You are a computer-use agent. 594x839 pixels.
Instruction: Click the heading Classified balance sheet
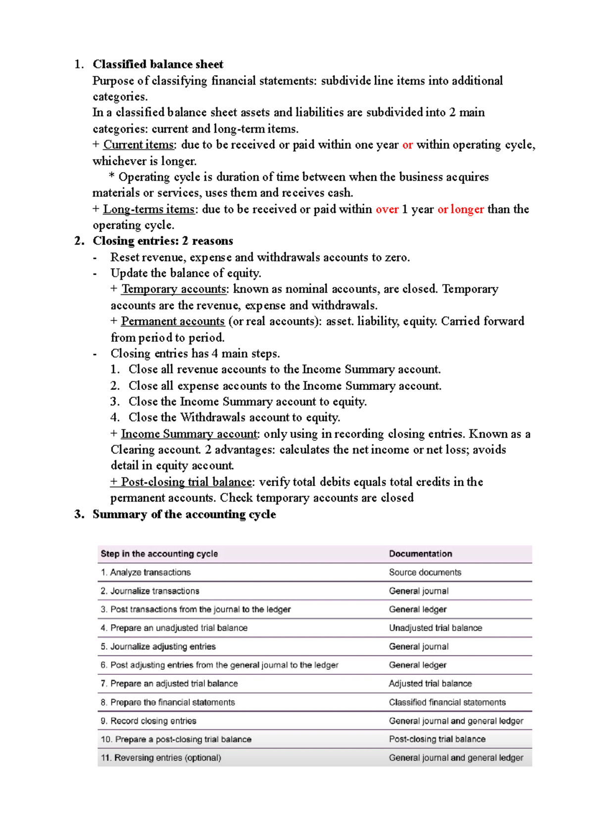pos(158,64)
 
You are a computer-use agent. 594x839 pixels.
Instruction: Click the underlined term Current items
pos(138,145)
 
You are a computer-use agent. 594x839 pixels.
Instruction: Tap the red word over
pos(387,209)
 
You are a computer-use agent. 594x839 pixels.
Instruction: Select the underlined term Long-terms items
pos(148,209)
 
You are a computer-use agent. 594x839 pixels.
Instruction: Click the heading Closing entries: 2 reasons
pos(163,241)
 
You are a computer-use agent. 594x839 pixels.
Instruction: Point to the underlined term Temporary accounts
pos(174,289)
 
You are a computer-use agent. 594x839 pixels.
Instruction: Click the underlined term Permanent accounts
pos(173,321)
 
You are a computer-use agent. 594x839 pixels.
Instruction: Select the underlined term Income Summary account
pos(189,434)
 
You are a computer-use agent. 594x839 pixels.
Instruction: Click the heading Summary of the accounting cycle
pos(184,514)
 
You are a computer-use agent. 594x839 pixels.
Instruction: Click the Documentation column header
pos(420,554)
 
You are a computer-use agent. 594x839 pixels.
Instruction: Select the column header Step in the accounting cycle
pos(159,554)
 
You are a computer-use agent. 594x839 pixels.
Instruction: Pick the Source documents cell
pos(425,572)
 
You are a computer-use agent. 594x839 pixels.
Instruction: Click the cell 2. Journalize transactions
pos(150,591)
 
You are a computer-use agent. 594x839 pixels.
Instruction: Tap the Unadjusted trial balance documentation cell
pos(435,628)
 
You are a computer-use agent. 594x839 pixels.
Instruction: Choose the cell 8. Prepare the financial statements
pos(168,702)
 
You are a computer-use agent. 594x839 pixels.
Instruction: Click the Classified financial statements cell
pos(447,702)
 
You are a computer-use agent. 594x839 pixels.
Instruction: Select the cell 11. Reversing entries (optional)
pos(161,758)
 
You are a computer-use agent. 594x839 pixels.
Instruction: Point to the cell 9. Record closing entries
pos(148,721)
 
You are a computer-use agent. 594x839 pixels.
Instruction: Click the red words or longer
pos(460,209)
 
